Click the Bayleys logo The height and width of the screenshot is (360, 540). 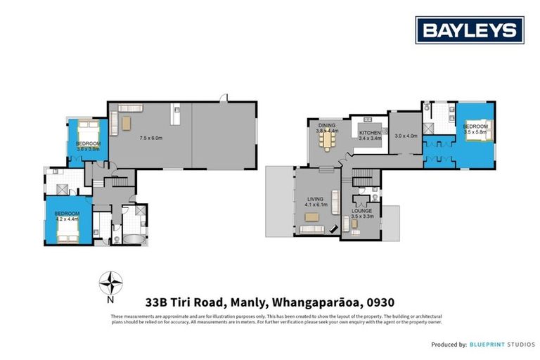point(469,30)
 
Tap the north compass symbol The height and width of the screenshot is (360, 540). point(110,284)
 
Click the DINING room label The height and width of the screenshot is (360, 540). point(327,128)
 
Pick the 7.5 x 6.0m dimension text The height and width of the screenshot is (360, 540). point(151,138)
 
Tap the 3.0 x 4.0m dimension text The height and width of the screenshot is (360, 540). point(406,136)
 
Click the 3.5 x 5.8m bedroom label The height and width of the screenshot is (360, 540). point(475,129)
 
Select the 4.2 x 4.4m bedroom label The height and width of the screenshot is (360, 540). point(67,216)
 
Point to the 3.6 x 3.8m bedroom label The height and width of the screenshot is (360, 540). point(89,146)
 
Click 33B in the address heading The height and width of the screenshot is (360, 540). point(157,302)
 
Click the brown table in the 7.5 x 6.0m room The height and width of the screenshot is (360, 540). point(127,124)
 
